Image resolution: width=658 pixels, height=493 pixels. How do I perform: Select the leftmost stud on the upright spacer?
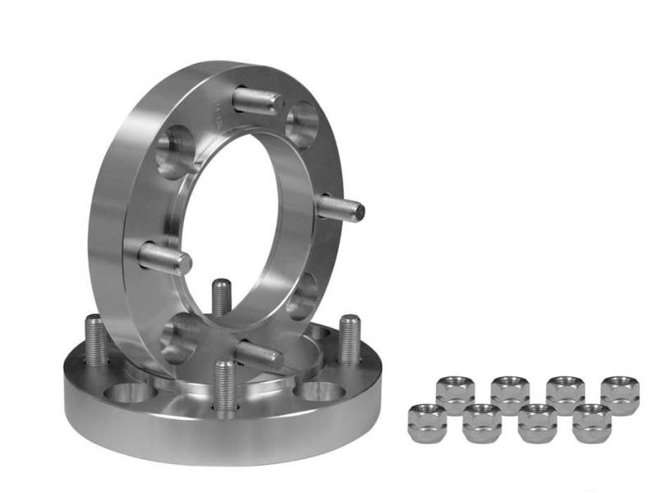164,259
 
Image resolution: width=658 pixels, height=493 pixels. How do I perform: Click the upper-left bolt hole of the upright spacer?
175,151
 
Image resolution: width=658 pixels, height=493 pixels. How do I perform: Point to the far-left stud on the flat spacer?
95,342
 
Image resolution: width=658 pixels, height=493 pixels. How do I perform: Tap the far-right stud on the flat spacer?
350,338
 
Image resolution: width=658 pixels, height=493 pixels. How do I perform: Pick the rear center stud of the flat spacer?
220,297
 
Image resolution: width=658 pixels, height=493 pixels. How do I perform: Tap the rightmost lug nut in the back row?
619,393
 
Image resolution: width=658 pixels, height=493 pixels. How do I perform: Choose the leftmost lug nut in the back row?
455,393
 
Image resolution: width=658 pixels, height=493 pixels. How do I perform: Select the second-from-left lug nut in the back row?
510,393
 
